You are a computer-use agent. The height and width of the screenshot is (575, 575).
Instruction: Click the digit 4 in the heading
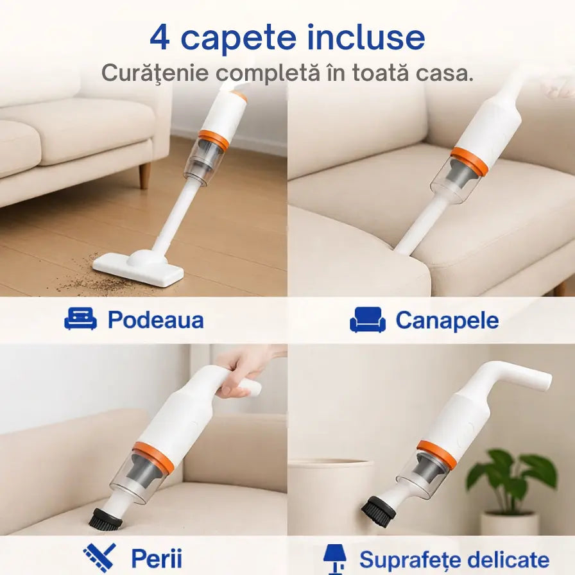click(160, 38)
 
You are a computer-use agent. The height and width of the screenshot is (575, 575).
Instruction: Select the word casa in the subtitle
click(443, 73)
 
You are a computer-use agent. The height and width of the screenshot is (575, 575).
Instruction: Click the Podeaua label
click(155, 320)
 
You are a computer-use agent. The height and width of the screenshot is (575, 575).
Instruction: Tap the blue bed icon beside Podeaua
click(81, 319)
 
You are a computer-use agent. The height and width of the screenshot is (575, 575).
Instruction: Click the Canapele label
click(447, 320)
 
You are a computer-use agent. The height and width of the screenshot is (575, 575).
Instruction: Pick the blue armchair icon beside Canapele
click(368, 320)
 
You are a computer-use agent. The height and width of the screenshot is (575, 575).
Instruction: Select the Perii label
click(157, 558)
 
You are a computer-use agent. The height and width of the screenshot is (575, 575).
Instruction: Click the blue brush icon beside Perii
click(99, 558)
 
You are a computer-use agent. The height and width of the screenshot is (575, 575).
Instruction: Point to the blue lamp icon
click(335, 559)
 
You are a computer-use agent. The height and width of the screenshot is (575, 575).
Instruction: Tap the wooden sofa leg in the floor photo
click(145, 175)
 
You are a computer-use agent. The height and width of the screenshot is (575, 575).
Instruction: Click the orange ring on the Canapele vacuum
click(468, 161)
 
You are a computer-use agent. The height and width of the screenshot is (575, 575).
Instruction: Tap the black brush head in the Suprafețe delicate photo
click(379, 511)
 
